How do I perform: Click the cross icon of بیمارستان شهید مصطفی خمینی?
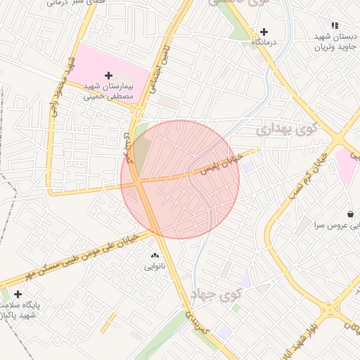[x=108, y=75]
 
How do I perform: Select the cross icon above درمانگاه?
[x=264, y=32]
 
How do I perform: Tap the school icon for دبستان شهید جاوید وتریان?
[x=335, y=26]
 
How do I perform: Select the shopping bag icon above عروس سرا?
[x=350, y=214]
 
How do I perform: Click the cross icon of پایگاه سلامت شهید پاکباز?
[x=17, y=293]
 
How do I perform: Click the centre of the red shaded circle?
[x=180, y=179]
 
